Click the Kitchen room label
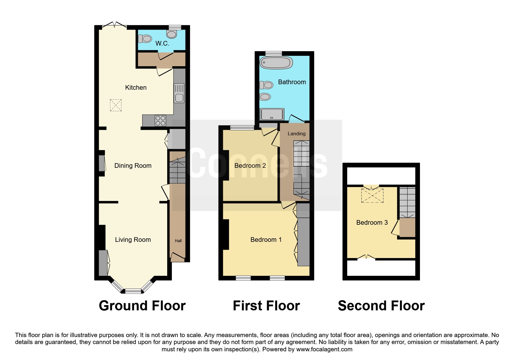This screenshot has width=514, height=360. pyautogui.click(x=136, y=87)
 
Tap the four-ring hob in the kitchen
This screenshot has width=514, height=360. pyautogui.click(x=160, y=121)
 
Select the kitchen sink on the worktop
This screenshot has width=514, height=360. pyautogui.click(x=179, y=93)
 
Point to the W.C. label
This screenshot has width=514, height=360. pyautogui.click(x=162, y=44)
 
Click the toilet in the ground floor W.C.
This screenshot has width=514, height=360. pyautogui.click(x=145, y=39)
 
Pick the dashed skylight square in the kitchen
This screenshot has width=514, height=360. pyautogui.click(x=116, y=105)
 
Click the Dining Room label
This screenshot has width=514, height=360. pyautogui.click(x=133, y=166)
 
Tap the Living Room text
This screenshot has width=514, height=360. pyautogui.click(x=133, y=240)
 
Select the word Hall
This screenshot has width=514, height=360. pyautogui.click(x=178, y=241)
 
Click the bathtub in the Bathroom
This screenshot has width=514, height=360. pyautogui.click(x=276, y=62)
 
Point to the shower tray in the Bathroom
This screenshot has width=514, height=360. pyautogui.click(x=272, y=114)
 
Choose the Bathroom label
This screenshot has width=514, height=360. pyautogui.click(x=292, y=82)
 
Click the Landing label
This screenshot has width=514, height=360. pyautogui.click(x=297, y=134)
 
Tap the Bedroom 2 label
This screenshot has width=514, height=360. pyautogui.click(x=250, y=166)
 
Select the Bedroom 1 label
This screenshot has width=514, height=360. pyautogui.click(x=266, y=240)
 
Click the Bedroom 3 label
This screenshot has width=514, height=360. pyautogui.click(x=372, y=223)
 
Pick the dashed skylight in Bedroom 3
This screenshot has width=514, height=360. pyautogui.click(x=372, y=195)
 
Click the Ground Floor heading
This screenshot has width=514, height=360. pyautogui.click(x=142, y=306)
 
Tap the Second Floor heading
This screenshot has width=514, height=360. pyautogui.click(x=381, y=306)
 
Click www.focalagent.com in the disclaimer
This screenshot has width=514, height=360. pyautogui.click(x=324, y=349)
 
